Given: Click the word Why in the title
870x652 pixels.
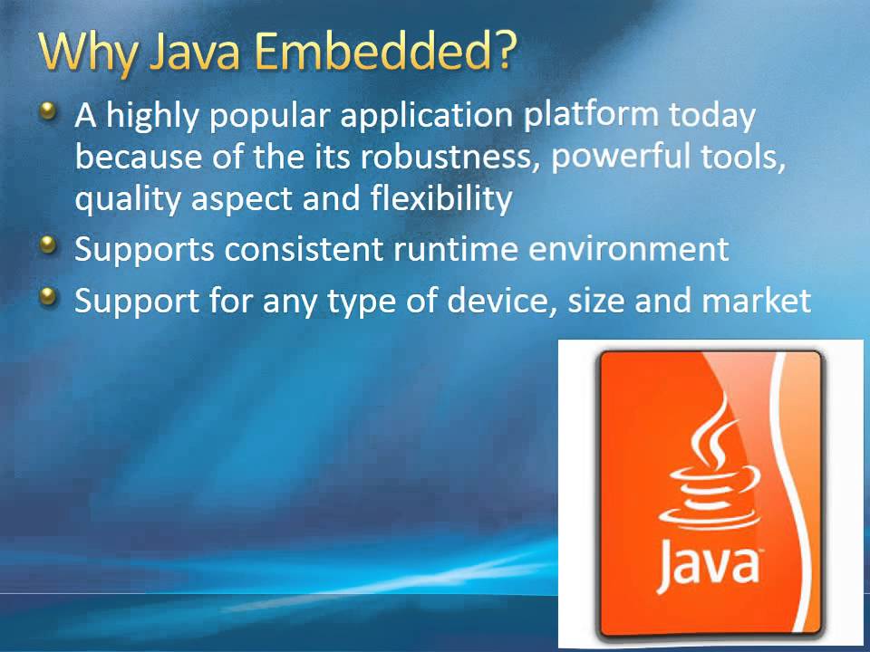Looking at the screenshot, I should coord(86,54).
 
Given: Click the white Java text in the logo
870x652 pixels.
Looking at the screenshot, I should coord(707,561).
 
